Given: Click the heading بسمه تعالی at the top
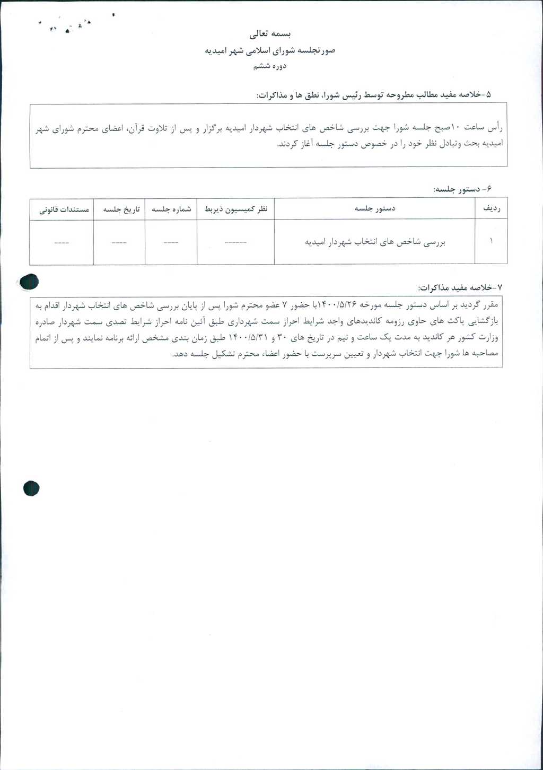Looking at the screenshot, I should coord(270,34).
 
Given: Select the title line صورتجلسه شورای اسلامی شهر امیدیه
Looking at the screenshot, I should coord(270,51).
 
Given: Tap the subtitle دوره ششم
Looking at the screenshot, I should coord(270,66).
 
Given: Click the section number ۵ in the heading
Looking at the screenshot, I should coord(488,94).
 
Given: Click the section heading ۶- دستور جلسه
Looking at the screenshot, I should coord(462,189).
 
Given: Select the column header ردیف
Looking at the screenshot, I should coord(491,209).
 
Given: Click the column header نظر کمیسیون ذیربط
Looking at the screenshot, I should coord(236,209).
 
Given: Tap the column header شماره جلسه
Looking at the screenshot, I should coord(171,209).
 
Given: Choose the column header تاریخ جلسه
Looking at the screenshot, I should coord(121,209).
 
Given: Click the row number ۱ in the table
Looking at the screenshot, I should coord(491,242).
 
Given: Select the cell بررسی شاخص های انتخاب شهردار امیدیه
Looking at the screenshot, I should coord(375,242).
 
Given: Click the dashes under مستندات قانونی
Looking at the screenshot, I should coord(62,243).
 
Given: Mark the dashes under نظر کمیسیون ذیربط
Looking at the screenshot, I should coord(235,243).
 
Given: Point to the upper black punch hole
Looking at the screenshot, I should coord(29,282).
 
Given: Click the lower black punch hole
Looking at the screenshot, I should coord(31,488).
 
